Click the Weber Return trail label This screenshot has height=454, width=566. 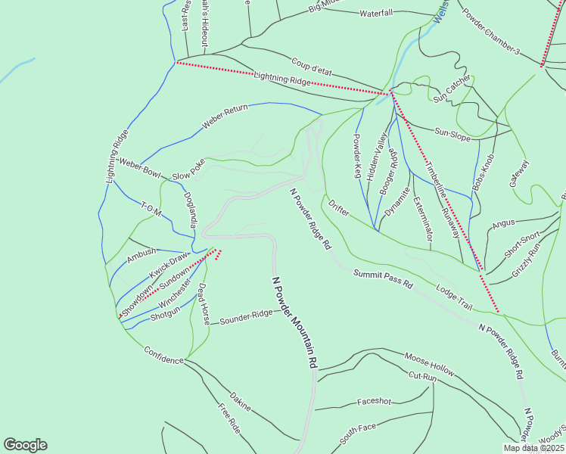tap(225, 117)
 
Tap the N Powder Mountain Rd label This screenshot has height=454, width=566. tap(294, 322)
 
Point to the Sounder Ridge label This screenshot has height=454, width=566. tap(246, 317)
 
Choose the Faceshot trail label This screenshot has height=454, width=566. tap(375, 402)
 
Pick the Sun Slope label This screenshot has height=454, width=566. tap(452, 134)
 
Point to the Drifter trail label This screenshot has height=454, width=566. tap(338, 208)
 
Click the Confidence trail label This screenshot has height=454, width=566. tap(163, 356)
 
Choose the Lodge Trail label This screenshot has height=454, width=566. tap(454, 297)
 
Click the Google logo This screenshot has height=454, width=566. tap(25, 445)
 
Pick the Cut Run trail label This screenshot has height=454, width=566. tap(423, 376)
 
